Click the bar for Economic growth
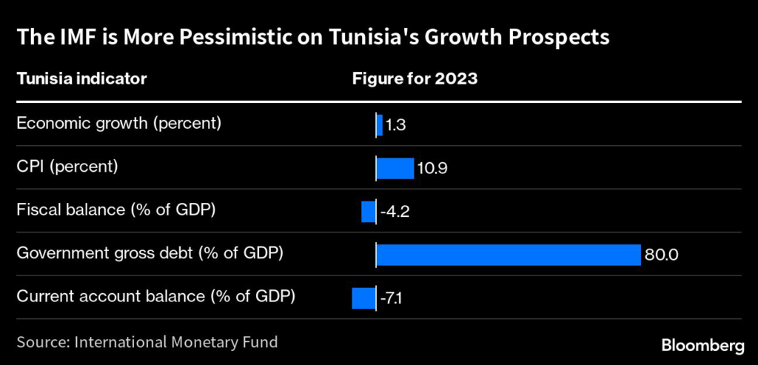point(379,125)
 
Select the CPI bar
point(395,168)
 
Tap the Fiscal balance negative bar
point(368,211)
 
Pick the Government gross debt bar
point(508,255)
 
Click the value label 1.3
point(396,126)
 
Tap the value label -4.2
point(395,212)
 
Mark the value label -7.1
point(393,299)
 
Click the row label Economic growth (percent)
point(119,123)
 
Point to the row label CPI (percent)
point(67,166)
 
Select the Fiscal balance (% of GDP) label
point(116,210)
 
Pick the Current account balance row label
point(156,296)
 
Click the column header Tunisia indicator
point(81,78)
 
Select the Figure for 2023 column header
point(415,78)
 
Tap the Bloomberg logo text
point(702,345)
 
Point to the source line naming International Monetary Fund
point(147,342)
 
